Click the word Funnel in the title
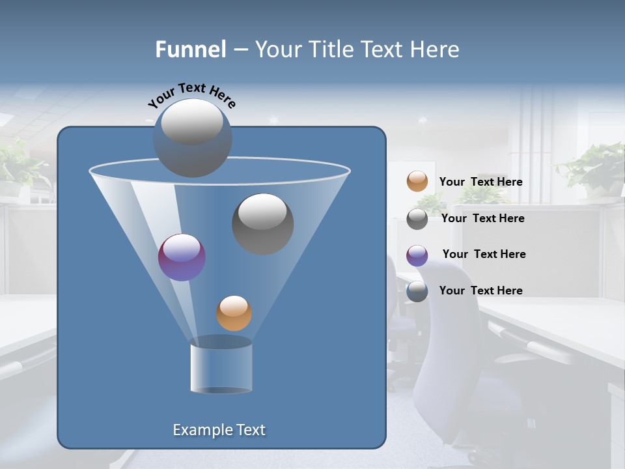tap(190, 50)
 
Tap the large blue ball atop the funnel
tap(192, 137)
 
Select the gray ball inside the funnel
tap(263, 223)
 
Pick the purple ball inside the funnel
tap(182, 257)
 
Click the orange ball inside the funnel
tap(234, 313)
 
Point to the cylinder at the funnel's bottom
tap(221, 366)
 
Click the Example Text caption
tap(219, 430)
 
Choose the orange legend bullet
tap(417, 182)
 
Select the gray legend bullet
tap(417, 219)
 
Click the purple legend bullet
tap(417, 255)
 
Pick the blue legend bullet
tap(417, 291)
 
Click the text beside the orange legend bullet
tap(480, 182)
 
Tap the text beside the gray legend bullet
tap(482, 219)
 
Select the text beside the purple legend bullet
tap(484, 255)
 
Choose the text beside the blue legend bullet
tap(480, 291)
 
